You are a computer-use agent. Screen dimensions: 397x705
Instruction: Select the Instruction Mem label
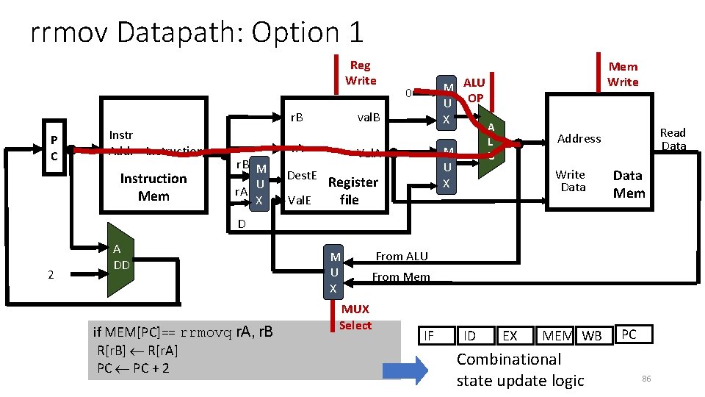pyautogui.click(x=153, y=187)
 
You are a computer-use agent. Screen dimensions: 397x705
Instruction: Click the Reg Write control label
pyautogui.click(x=360, y=73)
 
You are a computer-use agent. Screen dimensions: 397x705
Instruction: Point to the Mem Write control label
pyautogui.click(x=623, y=74)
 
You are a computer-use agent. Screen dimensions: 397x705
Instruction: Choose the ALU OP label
pyautogui.click(x=474, y=90)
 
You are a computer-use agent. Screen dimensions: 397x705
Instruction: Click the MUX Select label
pyautogui.click(x=355, y=317)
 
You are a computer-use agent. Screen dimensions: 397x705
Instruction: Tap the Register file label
pyautogui.click(x=352, y=190)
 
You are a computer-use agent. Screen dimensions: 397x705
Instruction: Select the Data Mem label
pyautogui.click(x=629, y=184)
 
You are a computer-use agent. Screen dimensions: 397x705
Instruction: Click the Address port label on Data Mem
pyautogui.click(x=579, y=138)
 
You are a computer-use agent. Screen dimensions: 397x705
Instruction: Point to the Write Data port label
pyautogui.click(x=571, y=181)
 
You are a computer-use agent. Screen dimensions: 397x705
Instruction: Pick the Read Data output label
pyautogui.click(x=673, y=139)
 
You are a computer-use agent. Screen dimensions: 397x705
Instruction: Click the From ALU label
pyautogui.click(x=402, y=256)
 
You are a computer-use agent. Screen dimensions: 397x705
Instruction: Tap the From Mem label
pyautogui.click(x=400, y=277)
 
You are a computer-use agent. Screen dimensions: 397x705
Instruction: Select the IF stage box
pyautogui.click(x=430, y=336)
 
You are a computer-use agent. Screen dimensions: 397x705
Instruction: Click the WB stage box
pyautogui.click(x=592, y=336)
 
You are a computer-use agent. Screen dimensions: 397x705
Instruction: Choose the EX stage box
pyautogui.click(x=510, y=336)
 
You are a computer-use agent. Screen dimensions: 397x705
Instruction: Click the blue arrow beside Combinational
pyautogui.click(x=404, y=370)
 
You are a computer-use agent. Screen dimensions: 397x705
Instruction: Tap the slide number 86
pyautogui.click(x=646, y=378)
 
